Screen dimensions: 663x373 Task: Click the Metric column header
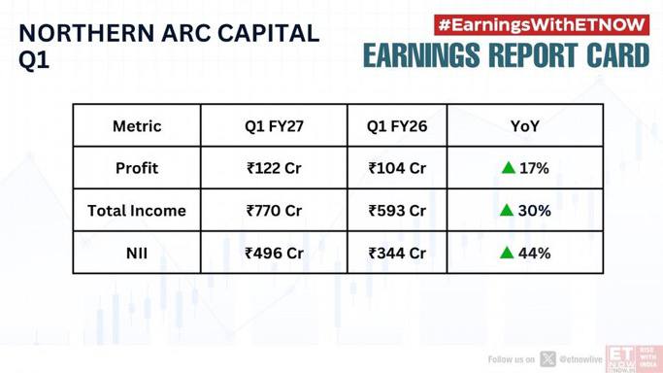coord(137,126)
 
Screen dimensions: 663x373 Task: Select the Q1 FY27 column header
coord(274,126)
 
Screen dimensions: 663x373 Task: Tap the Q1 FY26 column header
coord(397,126)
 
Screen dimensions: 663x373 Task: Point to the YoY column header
coord(525,126)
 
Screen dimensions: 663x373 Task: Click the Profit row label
coord(137,168)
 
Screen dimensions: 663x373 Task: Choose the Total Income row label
coord(137,211)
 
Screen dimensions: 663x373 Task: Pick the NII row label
coord(137,253)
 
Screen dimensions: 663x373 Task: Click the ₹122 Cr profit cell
coord(274,168)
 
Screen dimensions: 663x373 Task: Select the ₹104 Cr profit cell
coord(397,168)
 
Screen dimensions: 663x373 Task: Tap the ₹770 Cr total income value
coord(274,211)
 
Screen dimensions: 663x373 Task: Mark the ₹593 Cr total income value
coord(397,211)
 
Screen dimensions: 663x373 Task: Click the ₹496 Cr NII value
coord(274,253)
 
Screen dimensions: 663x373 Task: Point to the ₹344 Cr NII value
coord(397,253)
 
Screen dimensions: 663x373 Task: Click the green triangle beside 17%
coord(509,168)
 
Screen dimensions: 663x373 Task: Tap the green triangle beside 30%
coord(507,210)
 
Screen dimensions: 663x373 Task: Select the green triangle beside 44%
coord(507,253)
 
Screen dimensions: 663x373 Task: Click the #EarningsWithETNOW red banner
coord(542,25)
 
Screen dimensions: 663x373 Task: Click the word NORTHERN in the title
coord(87,33)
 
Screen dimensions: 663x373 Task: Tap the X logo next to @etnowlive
coord(547,359)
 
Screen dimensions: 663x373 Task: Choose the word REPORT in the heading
coord(533,55)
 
